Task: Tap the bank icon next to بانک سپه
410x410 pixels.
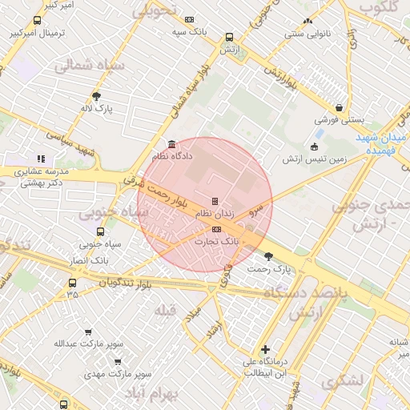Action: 189,20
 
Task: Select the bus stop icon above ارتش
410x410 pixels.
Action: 230,37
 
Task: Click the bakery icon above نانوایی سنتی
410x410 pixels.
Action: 307,22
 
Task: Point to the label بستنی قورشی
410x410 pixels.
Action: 340,119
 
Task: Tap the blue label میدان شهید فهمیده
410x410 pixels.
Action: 387,143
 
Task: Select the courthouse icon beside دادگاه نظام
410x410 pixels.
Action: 172,145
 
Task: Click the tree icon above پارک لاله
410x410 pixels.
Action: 97,96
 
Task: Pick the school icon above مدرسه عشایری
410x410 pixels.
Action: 41,159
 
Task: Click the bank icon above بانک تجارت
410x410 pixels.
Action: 216,229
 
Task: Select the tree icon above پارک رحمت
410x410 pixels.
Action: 267,257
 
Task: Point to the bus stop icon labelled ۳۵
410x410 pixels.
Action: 73,283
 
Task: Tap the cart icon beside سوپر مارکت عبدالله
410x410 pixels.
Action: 89,332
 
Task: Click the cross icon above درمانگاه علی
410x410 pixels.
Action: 265,349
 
